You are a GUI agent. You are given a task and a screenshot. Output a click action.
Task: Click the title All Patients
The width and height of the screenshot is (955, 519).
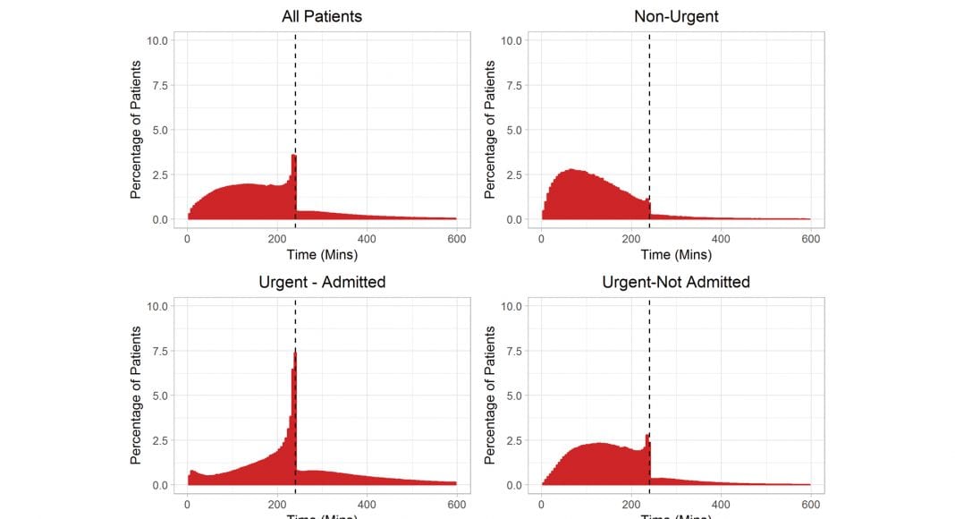coord(321,16)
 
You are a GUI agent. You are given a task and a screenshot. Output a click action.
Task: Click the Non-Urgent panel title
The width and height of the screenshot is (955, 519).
coord(675,16)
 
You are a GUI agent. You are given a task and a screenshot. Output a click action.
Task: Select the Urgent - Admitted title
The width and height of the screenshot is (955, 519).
coord(321,282)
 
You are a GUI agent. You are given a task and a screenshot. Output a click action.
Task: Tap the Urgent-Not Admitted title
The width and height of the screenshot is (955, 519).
coord(675,282)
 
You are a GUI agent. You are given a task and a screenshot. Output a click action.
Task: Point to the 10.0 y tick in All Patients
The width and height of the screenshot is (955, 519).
coord(156,40)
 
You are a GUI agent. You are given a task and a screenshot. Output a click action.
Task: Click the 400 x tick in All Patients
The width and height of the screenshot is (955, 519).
coord(367,239)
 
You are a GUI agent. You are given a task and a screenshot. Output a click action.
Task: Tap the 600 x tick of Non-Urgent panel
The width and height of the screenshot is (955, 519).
coord(810,239)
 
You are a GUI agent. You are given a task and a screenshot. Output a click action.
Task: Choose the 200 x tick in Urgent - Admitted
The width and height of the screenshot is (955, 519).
coord(276,505)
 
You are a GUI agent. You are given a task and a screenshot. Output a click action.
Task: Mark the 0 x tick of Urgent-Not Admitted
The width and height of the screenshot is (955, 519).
coord(541,505)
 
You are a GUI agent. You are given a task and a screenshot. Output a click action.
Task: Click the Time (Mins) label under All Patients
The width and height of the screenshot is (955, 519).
coord(321,255)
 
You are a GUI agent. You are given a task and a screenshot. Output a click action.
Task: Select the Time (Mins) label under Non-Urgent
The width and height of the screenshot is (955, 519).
coord(675,255)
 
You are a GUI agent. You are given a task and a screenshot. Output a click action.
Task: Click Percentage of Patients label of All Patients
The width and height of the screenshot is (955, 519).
coord(136,130)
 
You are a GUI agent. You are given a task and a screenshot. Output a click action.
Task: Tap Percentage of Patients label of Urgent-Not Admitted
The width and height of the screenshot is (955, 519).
coord(490,396)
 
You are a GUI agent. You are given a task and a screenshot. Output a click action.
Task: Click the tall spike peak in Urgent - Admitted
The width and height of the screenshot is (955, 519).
coord(294,353)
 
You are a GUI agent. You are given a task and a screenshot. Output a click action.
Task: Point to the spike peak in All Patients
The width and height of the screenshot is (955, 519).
coord(293,157)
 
